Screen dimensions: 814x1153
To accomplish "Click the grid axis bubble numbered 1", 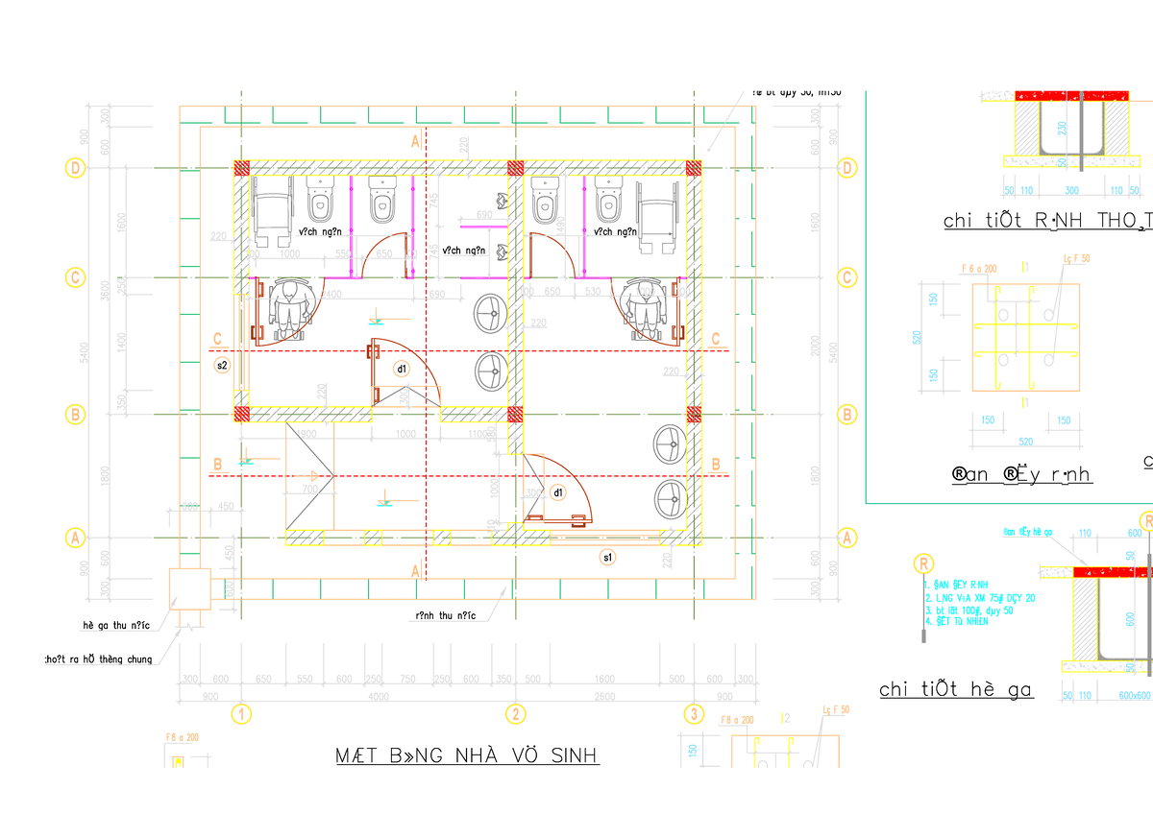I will click(241, 713).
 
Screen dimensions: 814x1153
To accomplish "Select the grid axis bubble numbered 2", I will click(517, 713).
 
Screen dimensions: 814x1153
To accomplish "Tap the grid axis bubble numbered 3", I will click(694, 713).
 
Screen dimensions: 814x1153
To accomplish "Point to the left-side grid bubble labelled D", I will click(74, 167).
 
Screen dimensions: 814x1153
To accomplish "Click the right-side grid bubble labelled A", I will click(846, 538).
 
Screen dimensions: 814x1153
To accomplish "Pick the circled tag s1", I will click(608, 557).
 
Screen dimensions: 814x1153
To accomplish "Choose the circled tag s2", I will click(222, 366).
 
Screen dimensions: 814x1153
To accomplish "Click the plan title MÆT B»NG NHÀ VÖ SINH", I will click(467, 755).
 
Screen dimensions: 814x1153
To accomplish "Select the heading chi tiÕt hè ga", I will click(956, 689).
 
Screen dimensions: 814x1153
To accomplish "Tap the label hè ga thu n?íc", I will click(116, 626).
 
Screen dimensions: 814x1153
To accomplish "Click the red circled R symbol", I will click(923, 563).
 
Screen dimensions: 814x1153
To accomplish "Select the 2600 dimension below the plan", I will click(605, 696).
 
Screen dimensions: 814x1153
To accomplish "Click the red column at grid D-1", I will click(243, 167).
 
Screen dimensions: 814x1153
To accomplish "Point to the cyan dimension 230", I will click(1063, 128).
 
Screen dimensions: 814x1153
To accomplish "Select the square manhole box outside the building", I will click(189, 589).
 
